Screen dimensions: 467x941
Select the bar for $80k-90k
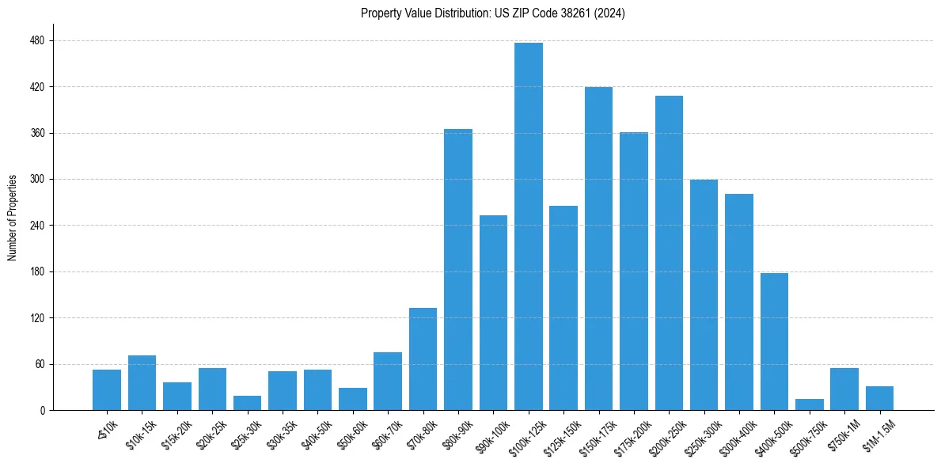(458, 269)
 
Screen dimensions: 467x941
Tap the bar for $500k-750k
(809, 404)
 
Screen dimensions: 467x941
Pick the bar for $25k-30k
(247, 403)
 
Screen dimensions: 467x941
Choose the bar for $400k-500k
(774, 341)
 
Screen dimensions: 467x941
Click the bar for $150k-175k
(598, 249)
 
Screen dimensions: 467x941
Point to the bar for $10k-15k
(142, 383)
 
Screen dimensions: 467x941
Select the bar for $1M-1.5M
(879, 398)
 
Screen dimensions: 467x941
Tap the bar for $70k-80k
(423, 359)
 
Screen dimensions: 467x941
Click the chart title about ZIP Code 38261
(492, 13)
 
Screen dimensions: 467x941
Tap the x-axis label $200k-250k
(664, 434)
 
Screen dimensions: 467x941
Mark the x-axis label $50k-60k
(351, 432)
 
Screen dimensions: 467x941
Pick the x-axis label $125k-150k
(559, 434)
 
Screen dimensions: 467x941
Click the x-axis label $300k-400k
(734, 434)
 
